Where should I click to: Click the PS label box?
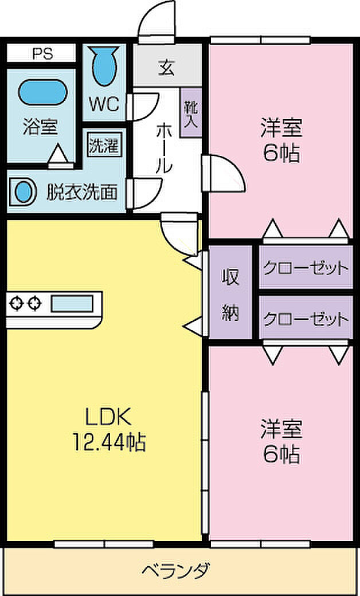pyautogui.click(x=41, y=54)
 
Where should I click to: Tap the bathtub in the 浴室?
pyautogui.click(x=42, y=92)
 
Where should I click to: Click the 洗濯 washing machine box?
pyautogui.click(x=104, y=146)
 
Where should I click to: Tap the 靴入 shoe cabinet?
pyautogui.click(x=190, y=112)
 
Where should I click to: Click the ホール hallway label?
pyautogui.click(x=163, y=149)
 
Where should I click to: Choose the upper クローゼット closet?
pyautogui.click(x=305, y=268)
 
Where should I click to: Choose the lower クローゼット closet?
pyautogui.click(x=305, y=317)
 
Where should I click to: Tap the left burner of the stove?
pyautogui.click(x=16, y=303)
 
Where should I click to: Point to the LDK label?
pyautogui.click(x=108, y=415)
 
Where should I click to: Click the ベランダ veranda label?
pyautogui.click(x=175, y=571)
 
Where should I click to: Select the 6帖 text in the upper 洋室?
pyautogui.click(x=281, y=153)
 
